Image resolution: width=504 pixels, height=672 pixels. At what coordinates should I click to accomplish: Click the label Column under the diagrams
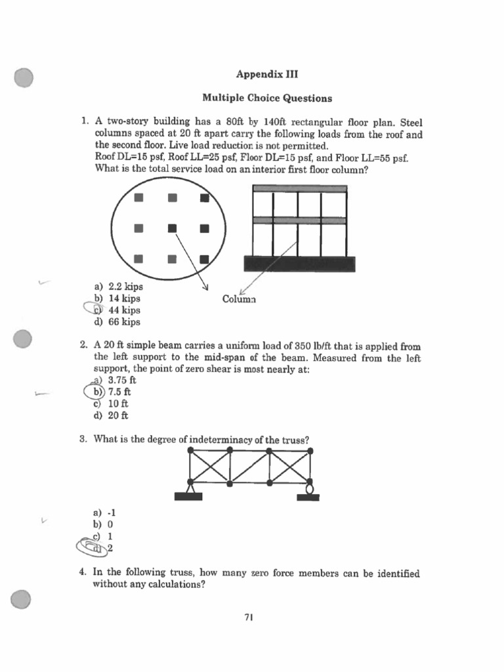point(239,299)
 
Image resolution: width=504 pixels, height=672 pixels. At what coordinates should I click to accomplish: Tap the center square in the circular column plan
point(172,228)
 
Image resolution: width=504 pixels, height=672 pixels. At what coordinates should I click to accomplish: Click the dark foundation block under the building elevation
point(299,264)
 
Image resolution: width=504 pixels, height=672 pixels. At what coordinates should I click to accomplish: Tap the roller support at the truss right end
point(309,488)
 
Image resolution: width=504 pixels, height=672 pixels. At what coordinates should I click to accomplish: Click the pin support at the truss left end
point(190,488)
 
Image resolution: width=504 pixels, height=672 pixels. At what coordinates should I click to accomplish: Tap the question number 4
point(84,573)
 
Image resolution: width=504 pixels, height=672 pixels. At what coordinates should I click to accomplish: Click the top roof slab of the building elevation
point(299,189)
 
